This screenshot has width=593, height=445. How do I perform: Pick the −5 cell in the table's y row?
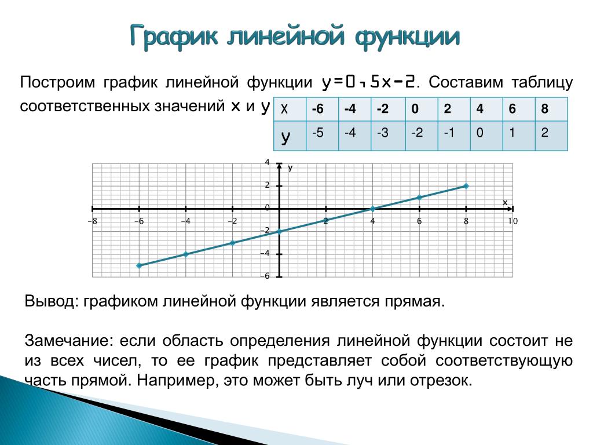pyautogui.click(x=318, y=133)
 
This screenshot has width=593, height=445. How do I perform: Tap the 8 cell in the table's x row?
pyautogui.click(x=544, y=109)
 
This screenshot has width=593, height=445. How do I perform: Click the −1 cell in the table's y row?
pyautogui.click(x=449, y=133)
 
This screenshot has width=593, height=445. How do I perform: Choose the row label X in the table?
pyautogui.click(x=284, y=110)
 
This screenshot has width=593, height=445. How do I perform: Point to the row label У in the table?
pyautogui.click(x=285, y=137)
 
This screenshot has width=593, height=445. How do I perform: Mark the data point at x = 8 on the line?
pyautogui.click(x=466, y=186)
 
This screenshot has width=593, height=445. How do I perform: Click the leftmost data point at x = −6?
pyautogui.click(x=139, y=265)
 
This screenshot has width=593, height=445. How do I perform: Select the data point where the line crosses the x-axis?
pyautogui.click(x=372, y=209)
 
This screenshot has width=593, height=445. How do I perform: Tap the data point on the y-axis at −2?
pyautogui.click(x=280, y=232)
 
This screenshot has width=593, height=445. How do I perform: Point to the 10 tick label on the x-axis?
pyautogui.click(x=513, y=221)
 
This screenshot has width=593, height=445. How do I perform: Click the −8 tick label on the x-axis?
pyautogui.click(x=92, y=221)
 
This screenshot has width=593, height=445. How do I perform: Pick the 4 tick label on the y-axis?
pyautogui.click(x=268, y=162)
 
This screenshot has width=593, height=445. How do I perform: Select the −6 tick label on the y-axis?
pyautogui.click(x=265, y=276)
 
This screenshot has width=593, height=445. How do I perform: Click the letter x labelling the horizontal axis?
pyautogui.click(x=505, y=203)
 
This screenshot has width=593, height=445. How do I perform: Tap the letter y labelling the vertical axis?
pyautogui.click(x=290, y=168)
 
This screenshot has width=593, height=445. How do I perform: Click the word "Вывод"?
pyautogui.click(x=52, y=301)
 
